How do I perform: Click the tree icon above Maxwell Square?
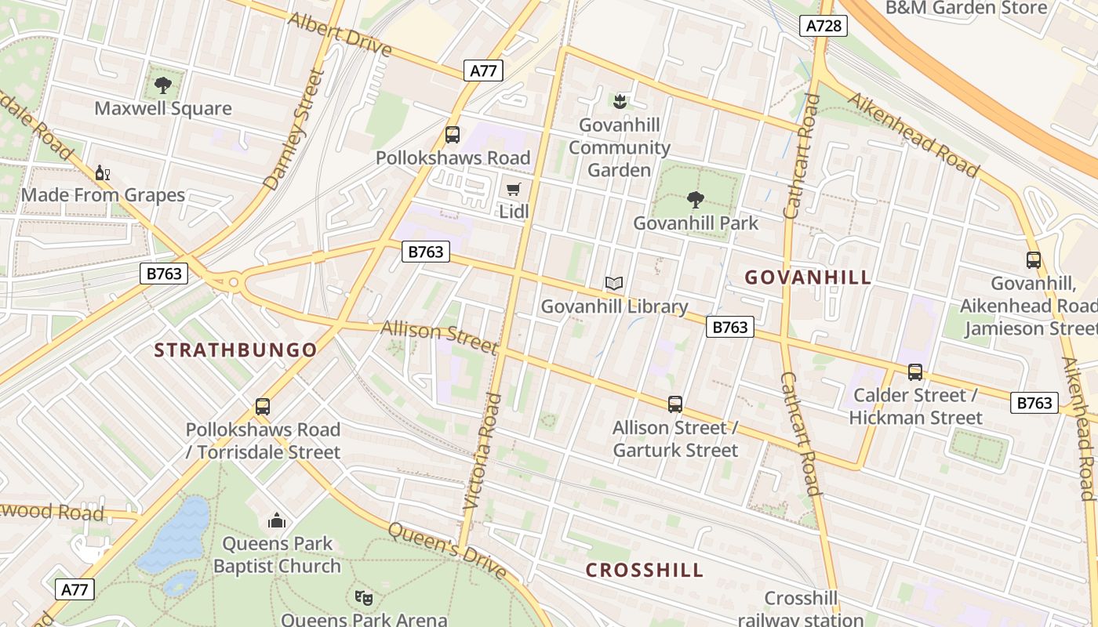(x=163, y=85)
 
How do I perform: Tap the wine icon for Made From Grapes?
(x=101, y=172)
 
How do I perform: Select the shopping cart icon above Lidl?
(x=514, y=189)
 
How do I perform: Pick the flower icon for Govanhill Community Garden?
(x=620, y=101)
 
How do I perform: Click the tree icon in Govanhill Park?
(x=696, y=200)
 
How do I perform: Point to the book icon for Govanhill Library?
(x=614, y=283)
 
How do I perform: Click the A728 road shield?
(x=824, y=26)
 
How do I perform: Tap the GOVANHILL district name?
(x=808, y=277)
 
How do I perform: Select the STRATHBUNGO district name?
(x=235, y=350)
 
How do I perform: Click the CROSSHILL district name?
(x=645, y=570)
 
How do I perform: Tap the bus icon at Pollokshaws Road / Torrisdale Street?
(x=263, y=407)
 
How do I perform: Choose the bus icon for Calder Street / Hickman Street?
(x=915, y=372)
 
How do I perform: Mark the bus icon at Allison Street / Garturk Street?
(x=675, y=404)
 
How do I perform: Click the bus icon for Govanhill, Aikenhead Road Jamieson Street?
(x=1034, y=260)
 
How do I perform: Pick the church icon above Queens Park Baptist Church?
(x=276, y=520)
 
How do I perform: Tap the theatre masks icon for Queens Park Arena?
(x=362, y=598)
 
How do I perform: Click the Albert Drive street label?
(x=340, y=34)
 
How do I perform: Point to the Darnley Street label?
(x=294, y=130)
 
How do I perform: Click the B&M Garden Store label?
(x=966, y=8)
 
